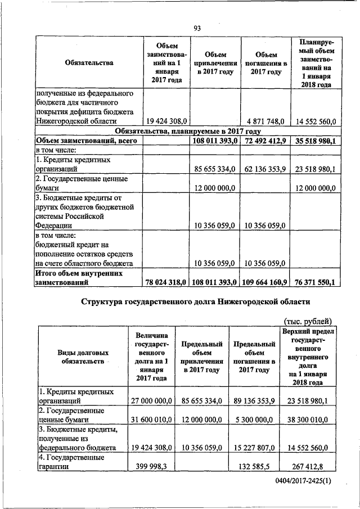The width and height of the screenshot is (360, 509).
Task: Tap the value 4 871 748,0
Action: click(265, 121)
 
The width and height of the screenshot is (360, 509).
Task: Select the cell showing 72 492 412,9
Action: click(265, 141)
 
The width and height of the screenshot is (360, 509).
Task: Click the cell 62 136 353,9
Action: click(265, 169)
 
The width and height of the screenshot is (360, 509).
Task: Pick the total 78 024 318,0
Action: click(167, 281)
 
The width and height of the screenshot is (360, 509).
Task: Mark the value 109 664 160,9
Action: click(265, 281)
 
